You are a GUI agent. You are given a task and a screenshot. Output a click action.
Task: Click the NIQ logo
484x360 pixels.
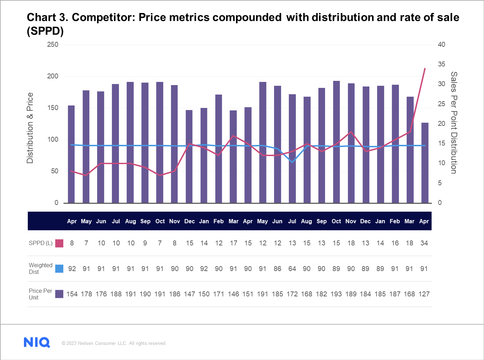tap(37, 342)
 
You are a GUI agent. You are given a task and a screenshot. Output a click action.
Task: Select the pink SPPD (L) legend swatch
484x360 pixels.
tap(59, 243)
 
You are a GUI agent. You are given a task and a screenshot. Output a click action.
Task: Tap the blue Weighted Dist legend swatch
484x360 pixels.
tap(59, 269)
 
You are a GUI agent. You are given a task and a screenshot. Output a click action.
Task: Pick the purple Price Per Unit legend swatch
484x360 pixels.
tap(59, 294)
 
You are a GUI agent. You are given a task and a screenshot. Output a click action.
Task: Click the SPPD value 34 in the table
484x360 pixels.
tap(424, 243)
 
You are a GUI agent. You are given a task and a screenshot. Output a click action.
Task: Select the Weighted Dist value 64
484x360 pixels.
tap(292, 269)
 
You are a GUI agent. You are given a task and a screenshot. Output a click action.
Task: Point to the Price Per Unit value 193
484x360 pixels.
tap(336, 294)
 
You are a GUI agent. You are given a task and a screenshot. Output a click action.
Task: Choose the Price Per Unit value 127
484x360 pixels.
tap(424, 294)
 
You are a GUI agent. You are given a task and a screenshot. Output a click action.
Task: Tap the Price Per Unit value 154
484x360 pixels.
tap(72, 294)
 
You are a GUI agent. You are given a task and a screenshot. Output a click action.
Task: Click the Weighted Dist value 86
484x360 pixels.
tap(277, 269)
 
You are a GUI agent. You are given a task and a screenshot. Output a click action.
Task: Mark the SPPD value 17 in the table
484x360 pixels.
tap(233, 243)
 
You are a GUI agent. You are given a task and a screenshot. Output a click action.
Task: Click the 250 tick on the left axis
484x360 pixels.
tap(53, 45)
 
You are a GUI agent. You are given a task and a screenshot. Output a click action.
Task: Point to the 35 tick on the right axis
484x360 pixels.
tap(441, 64)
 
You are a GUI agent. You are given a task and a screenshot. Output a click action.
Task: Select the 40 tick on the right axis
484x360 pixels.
tap(441, 45)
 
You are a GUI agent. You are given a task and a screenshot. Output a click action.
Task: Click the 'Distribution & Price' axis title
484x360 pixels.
tap(30, 128)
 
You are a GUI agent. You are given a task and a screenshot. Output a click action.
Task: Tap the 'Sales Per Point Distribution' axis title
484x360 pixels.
tap(454, 123)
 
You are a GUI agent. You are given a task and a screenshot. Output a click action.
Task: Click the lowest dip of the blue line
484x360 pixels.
tap(292, 162)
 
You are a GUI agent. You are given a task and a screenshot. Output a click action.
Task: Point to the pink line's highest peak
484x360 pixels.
tap(425, 69)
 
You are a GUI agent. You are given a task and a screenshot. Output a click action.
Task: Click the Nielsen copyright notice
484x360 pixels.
tap(114, 343)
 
